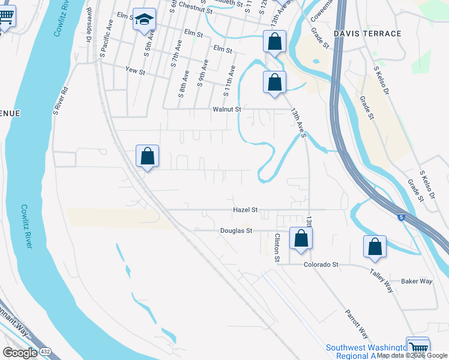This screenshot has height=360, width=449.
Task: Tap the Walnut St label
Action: (226, 110)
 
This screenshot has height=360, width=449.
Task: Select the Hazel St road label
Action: (245, 210)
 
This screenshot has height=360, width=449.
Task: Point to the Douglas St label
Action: (234, 230)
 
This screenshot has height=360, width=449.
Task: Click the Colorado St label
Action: (321, 264)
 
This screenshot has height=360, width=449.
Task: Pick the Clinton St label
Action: (277, 248)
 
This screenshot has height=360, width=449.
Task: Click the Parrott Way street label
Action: (356, 324)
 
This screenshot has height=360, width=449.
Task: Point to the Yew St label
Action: (135, 71)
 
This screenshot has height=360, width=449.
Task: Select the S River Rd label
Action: (58, 101)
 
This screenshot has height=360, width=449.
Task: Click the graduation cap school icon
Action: (144, 19)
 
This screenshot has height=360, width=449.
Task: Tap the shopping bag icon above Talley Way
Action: (375, 246)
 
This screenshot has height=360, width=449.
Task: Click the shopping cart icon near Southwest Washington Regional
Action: (418, 347)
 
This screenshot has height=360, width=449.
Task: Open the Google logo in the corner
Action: (20, 353)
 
